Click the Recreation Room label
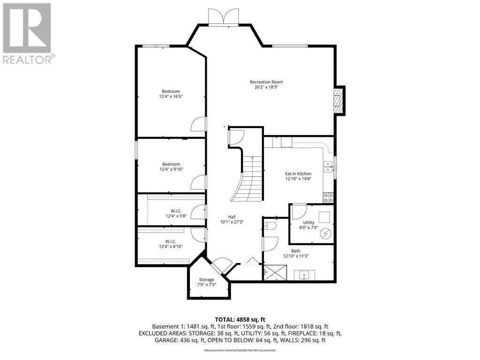tap(266, 82)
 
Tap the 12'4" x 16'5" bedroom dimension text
tap(171, 97)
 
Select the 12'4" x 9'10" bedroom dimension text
tap(171, 169)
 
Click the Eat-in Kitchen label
tap(298, 173)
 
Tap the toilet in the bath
tap(271, 227)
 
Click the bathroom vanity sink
tap(304, 275)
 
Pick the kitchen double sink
tap(327, 167)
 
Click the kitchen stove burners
tap(328, 197)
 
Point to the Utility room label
tap(308, 222)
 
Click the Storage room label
tap(207, 279)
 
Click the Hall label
tap(232, 217)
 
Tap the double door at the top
tap(224, 17)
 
